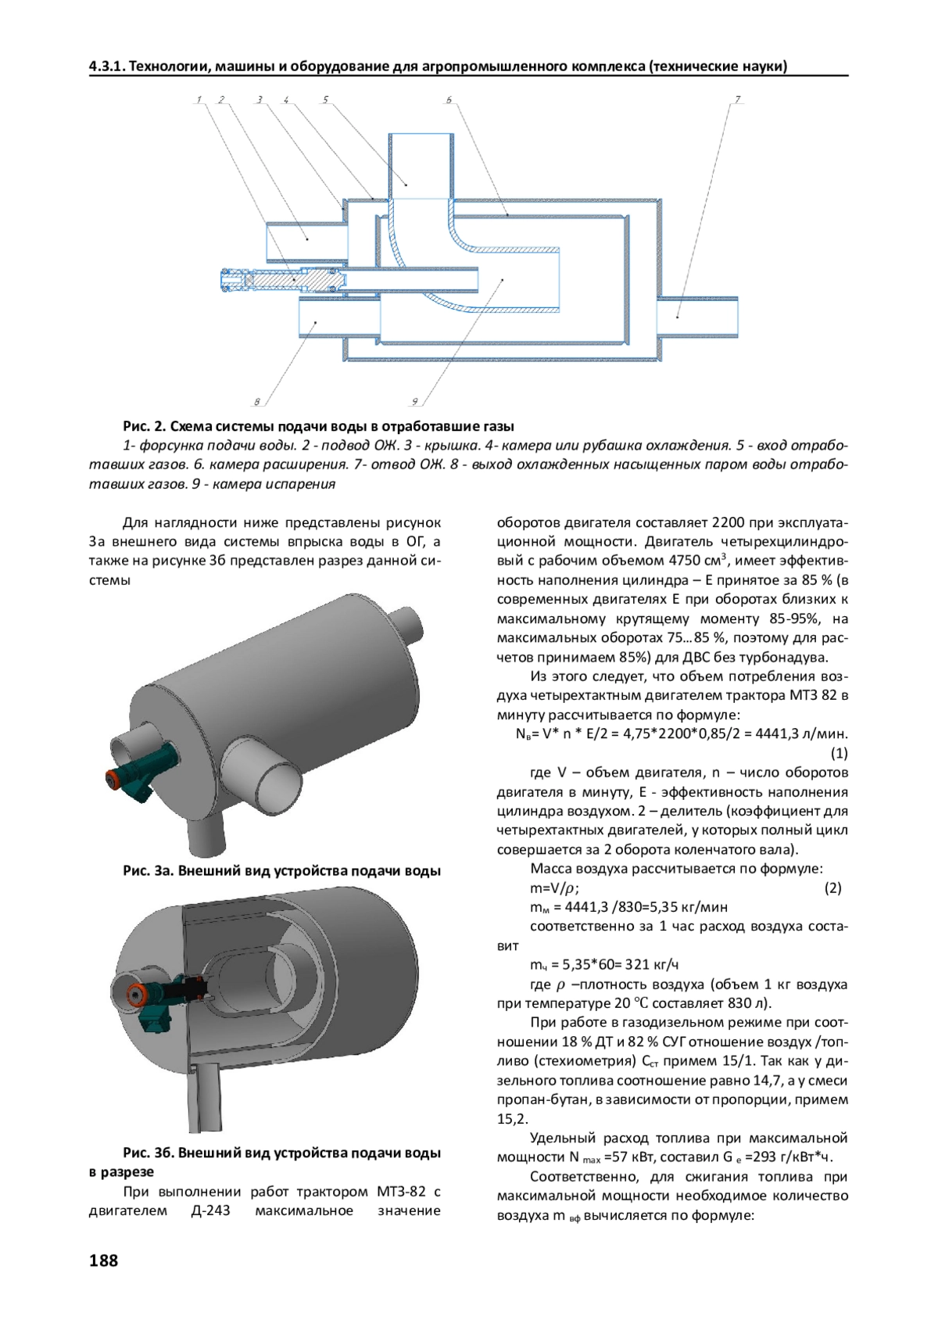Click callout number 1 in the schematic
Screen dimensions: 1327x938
199,99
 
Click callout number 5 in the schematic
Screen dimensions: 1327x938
325,99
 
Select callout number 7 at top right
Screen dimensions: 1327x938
737,99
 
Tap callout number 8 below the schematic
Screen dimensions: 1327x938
256,402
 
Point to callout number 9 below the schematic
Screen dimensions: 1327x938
414,402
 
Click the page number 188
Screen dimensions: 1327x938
103,1261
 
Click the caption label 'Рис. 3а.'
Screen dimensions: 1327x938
147,871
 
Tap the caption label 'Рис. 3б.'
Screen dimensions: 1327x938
147,1153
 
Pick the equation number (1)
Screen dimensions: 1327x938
839,753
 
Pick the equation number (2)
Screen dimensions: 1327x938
832,888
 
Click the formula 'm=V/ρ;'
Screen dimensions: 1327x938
554,888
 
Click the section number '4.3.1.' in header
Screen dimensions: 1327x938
107,66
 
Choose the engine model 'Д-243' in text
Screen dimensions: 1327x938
210,1210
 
